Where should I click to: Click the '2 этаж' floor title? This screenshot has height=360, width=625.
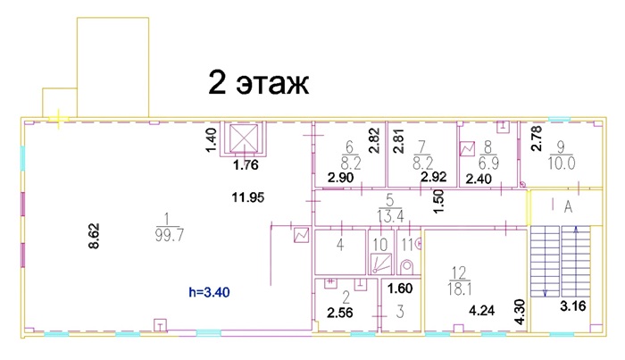[x=258, y=83]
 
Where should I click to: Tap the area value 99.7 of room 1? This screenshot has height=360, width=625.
[x=170, y=235]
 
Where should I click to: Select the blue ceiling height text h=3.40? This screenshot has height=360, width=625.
[x=209, y=293]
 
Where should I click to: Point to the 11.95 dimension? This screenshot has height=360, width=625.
[x=248, y=197]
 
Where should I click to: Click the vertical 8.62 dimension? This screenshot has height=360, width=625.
[x=94, y=236]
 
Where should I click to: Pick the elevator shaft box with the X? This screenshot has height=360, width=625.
[x=244, y=138]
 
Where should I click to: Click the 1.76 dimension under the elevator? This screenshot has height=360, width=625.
[x=246, y=164]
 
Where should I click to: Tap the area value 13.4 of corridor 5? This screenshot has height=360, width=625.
[x=390, y=216]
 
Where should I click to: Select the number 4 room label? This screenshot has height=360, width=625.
[x=339, y=245]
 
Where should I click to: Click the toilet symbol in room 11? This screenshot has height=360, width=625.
[x=406, y=266]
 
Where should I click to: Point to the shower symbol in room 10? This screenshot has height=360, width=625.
[x=381, y=264]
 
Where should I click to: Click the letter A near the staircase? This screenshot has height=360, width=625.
[x=568, y=207]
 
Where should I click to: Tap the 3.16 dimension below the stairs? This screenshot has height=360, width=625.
[x=573, y=306]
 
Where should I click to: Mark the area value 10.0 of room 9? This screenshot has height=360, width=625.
[x=562, y=163]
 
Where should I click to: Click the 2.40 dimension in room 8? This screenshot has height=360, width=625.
[x=479, y=180]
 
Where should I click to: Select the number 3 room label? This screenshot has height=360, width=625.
[x=400, y=312]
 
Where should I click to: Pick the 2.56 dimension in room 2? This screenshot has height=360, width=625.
[x=340, y=313]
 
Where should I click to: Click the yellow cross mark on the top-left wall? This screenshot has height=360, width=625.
[x=59, y=119]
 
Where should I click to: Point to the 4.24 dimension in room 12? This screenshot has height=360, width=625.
[x=481, y=310]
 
